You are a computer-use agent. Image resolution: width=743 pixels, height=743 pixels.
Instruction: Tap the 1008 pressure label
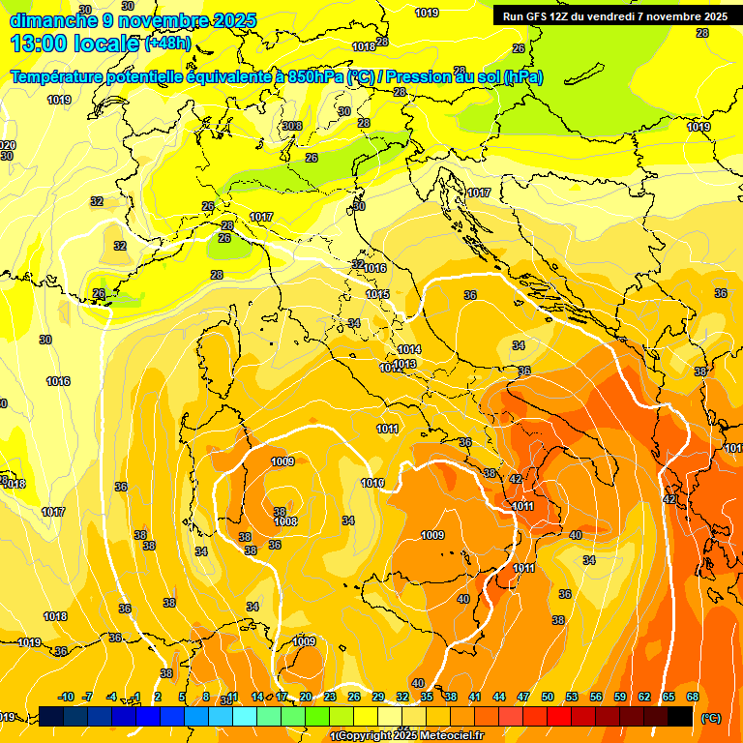(285, 521)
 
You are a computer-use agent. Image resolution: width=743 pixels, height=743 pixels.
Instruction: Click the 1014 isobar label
(409, 349)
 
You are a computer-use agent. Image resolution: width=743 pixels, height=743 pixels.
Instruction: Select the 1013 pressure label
(404, 365)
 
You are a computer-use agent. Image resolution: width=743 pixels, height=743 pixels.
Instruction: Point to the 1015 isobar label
(377, 294)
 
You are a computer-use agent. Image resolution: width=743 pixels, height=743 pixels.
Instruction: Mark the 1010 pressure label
(372, 483)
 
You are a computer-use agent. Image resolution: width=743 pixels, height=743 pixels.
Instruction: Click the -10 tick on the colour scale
(66, 698)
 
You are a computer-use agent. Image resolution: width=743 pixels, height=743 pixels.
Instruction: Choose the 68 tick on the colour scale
(693, 698)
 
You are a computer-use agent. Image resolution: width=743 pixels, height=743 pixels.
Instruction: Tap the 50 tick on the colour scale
(548, 698)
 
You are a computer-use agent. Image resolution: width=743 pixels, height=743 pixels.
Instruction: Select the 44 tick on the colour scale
(499, 698)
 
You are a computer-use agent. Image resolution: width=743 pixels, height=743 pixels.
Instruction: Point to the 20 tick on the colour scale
(306, 698)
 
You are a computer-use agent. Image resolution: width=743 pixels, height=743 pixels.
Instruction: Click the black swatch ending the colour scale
(680, 716)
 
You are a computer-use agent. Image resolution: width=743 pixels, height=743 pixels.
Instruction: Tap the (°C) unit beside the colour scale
(710, 717)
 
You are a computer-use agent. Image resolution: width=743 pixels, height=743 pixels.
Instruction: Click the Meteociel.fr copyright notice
(407, 736)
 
